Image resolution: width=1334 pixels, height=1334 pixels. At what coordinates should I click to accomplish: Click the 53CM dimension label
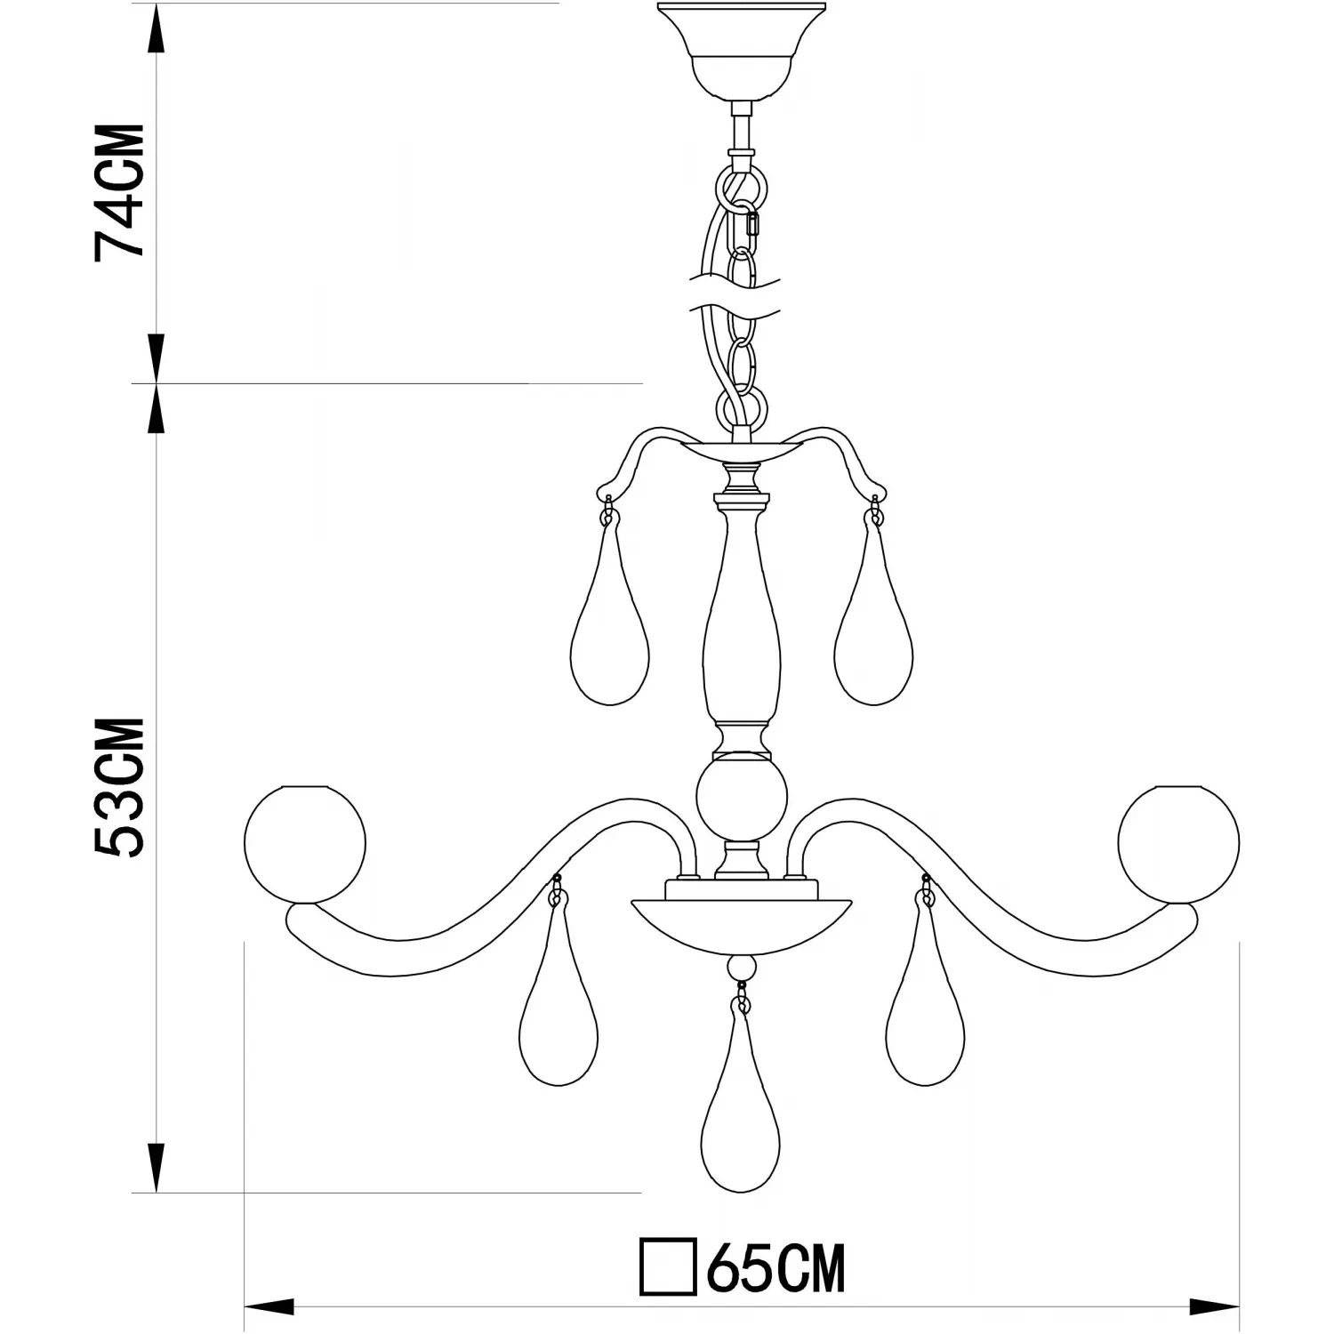(x=119, y=788)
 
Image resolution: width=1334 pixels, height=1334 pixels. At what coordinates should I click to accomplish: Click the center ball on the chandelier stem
(x=741, y=799)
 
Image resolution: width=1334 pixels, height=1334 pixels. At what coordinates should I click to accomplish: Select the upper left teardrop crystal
(x=609, y=614)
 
